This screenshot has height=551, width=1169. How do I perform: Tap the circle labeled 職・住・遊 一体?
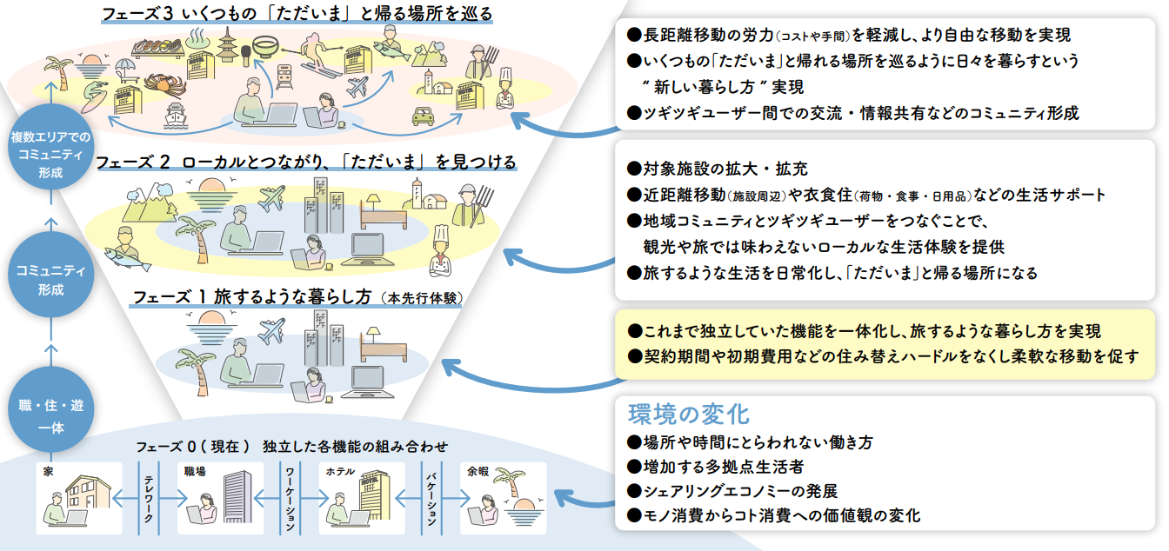coord(50,416)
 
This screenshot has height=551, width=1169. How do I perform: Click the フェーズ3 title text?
coord(297,14)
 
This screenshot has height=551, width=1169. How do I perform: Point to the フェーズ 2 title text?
coord(305,163)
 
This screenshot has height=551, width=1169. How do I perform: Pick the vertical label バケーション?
coord(431,498)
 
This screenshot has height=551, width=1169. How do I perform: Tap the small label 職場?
coord(194,470)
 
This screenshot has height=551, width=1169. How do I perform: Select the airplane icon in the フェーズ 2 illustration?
coord(271,199)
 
